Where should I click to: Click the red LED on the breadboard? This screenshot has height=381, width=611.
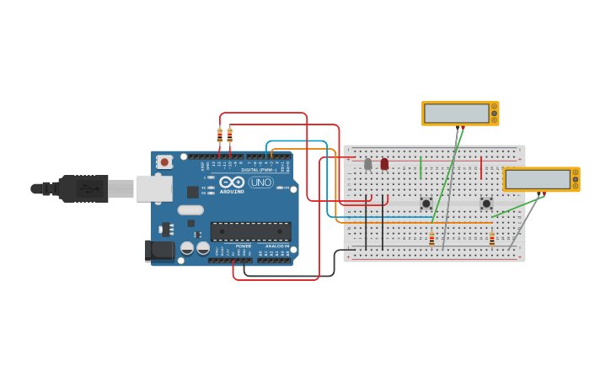[x=384, y=163]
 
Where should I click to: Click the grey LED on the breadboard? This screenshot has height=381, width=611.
[x=367, y=164]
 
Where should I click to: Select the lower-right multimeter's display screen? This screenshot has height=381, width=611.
[x=538, y=179]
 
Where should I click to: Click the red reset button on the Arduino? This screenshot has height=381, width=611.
[x=165, y=161]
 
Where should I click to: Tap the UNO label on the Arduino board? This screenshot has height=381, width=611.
[x=260, y=183]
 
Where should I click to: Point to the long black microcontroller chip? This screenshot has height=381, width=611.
[x=250, y=231]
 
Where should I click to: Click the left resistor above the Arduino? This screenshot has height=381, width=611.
[x=220, y=135]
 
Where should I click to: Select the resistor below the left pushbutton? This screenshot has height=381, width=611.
[x=431, y=240]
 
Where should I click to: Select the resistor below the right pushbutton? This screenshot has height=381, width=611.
[x=492, y=240]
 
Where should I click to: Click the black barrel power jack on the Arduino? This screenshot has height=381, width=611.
[x=159, y=250]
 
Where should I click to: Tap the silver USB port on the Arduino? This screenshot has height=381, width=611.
[x=154, y=188]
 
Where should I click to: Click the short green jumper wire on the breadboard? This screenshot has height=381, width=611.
[x=421, y=167]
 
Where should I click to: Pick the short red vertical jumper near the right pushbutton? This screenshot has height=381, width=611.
[x=481, y=167]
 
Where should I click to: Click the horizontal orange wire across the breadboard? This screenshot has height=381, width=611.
[x=421, y=223]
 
